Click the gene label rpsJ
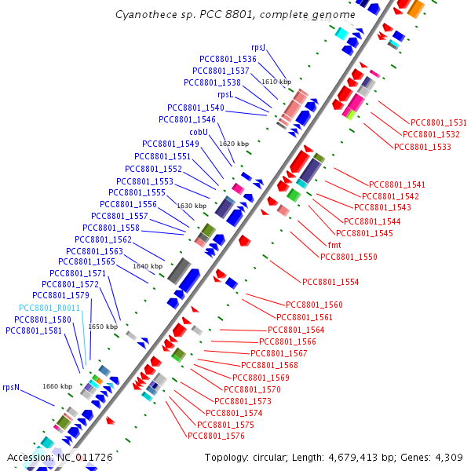258,48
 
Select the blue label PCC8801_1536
228,60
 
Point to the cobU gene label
199,132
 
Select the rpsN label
11,387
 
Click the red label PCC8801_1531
439,122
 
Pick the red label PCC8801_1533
422,147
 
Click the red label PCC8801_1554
330,282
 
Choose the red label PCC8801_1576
216,436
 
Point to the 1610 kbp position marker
276,82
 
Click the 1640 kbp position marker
148,266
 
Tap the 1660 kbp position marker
57,386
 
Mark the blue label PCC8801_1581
34,331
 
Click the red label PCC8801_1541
397,184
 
